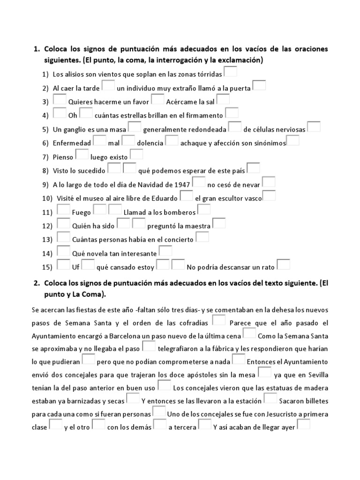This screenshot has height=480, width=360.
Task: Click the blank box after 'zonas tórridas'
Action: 231,72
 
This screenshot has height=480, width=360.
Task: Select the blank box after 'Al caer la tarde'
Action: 108,86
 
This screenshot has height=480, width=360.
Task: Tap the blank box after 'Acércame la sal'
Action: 223,99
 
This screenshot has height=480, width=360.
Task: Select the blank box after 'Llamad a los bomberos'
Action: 204,210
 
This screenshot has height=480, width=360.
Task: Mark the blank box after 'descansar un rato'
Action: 284,265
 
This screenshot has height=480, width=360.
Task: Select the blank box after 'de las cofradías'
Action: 219,320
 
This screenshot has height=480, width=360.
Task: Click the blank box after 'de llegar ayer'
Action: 304,425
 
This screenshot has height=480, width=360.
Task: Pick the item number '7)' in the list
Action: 45,157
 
